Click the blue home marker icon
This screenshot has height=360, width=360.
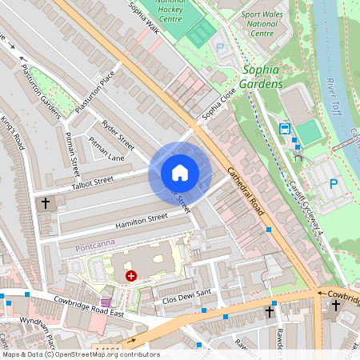tap(180, 173)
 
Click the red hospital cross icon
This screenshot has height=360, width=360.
tap(130, 275)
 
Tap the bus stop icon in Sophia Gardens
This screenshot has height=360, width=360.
tap(284, 128)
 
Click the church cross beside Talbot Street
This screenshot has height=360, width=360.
tap(45, 204)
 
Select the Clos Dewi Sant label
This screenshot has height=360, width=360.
tap(186, 296)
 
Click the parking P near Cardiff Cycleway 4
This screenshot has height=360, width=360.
tap(334, 184)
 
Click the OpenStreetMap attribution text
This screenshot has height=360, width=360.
tap(81, 354)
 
